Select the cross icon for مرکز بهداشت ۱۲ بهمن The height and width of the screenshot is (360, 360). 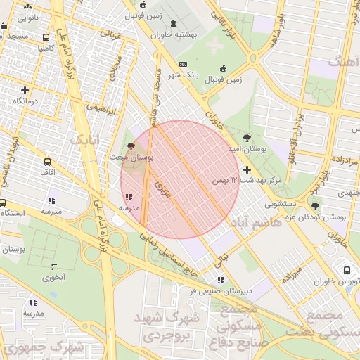[247, 169]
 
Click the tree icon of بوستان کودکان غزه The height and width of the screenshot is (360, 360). [315, 206]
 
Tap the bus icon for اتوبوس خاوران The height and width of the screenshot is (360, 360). [346, 271]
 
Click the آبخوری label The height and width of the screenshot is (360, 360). [53, 277]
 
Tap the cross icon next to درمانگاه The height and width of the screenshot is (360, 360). [25, 90]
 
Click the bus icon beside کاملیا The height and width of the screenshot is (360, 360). [46, 38]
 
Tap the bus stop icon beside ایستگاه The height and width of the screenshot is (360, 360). [3, 202]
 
